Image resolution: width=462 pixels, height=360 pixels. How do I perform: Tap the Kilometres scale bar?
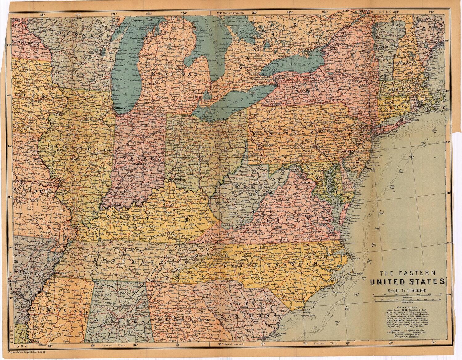click(408, 295)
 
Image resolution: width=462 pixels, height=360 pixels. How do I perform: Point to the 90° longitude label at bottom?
click(50, 346)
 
